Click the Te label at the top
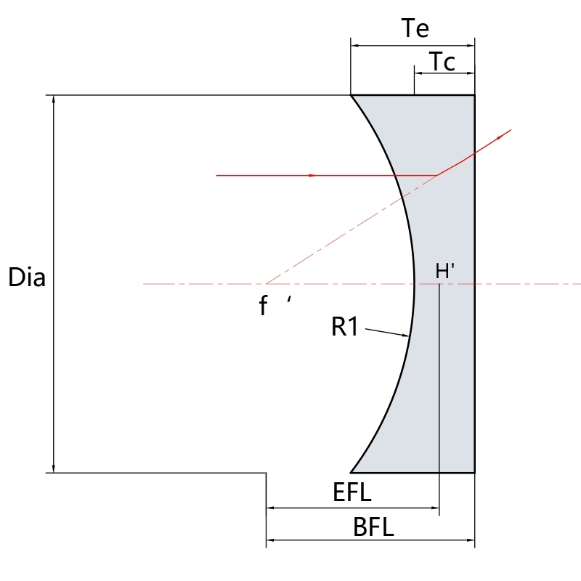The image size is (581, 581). tap(415, 28)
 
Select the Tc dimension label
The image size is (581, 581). tap(442, 62)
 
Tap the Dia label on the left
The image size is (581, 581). tap(27, 277)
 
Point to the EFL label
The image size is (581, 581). tap(352, 492)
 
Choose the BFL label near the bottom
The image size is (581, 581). tap(373, 527)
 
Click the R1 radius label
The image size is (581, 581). tap(345, 326)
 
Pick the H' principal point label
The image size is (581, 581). tap(445, 271)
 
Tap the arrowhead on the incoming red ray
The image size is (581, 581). tap(312, 175)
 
